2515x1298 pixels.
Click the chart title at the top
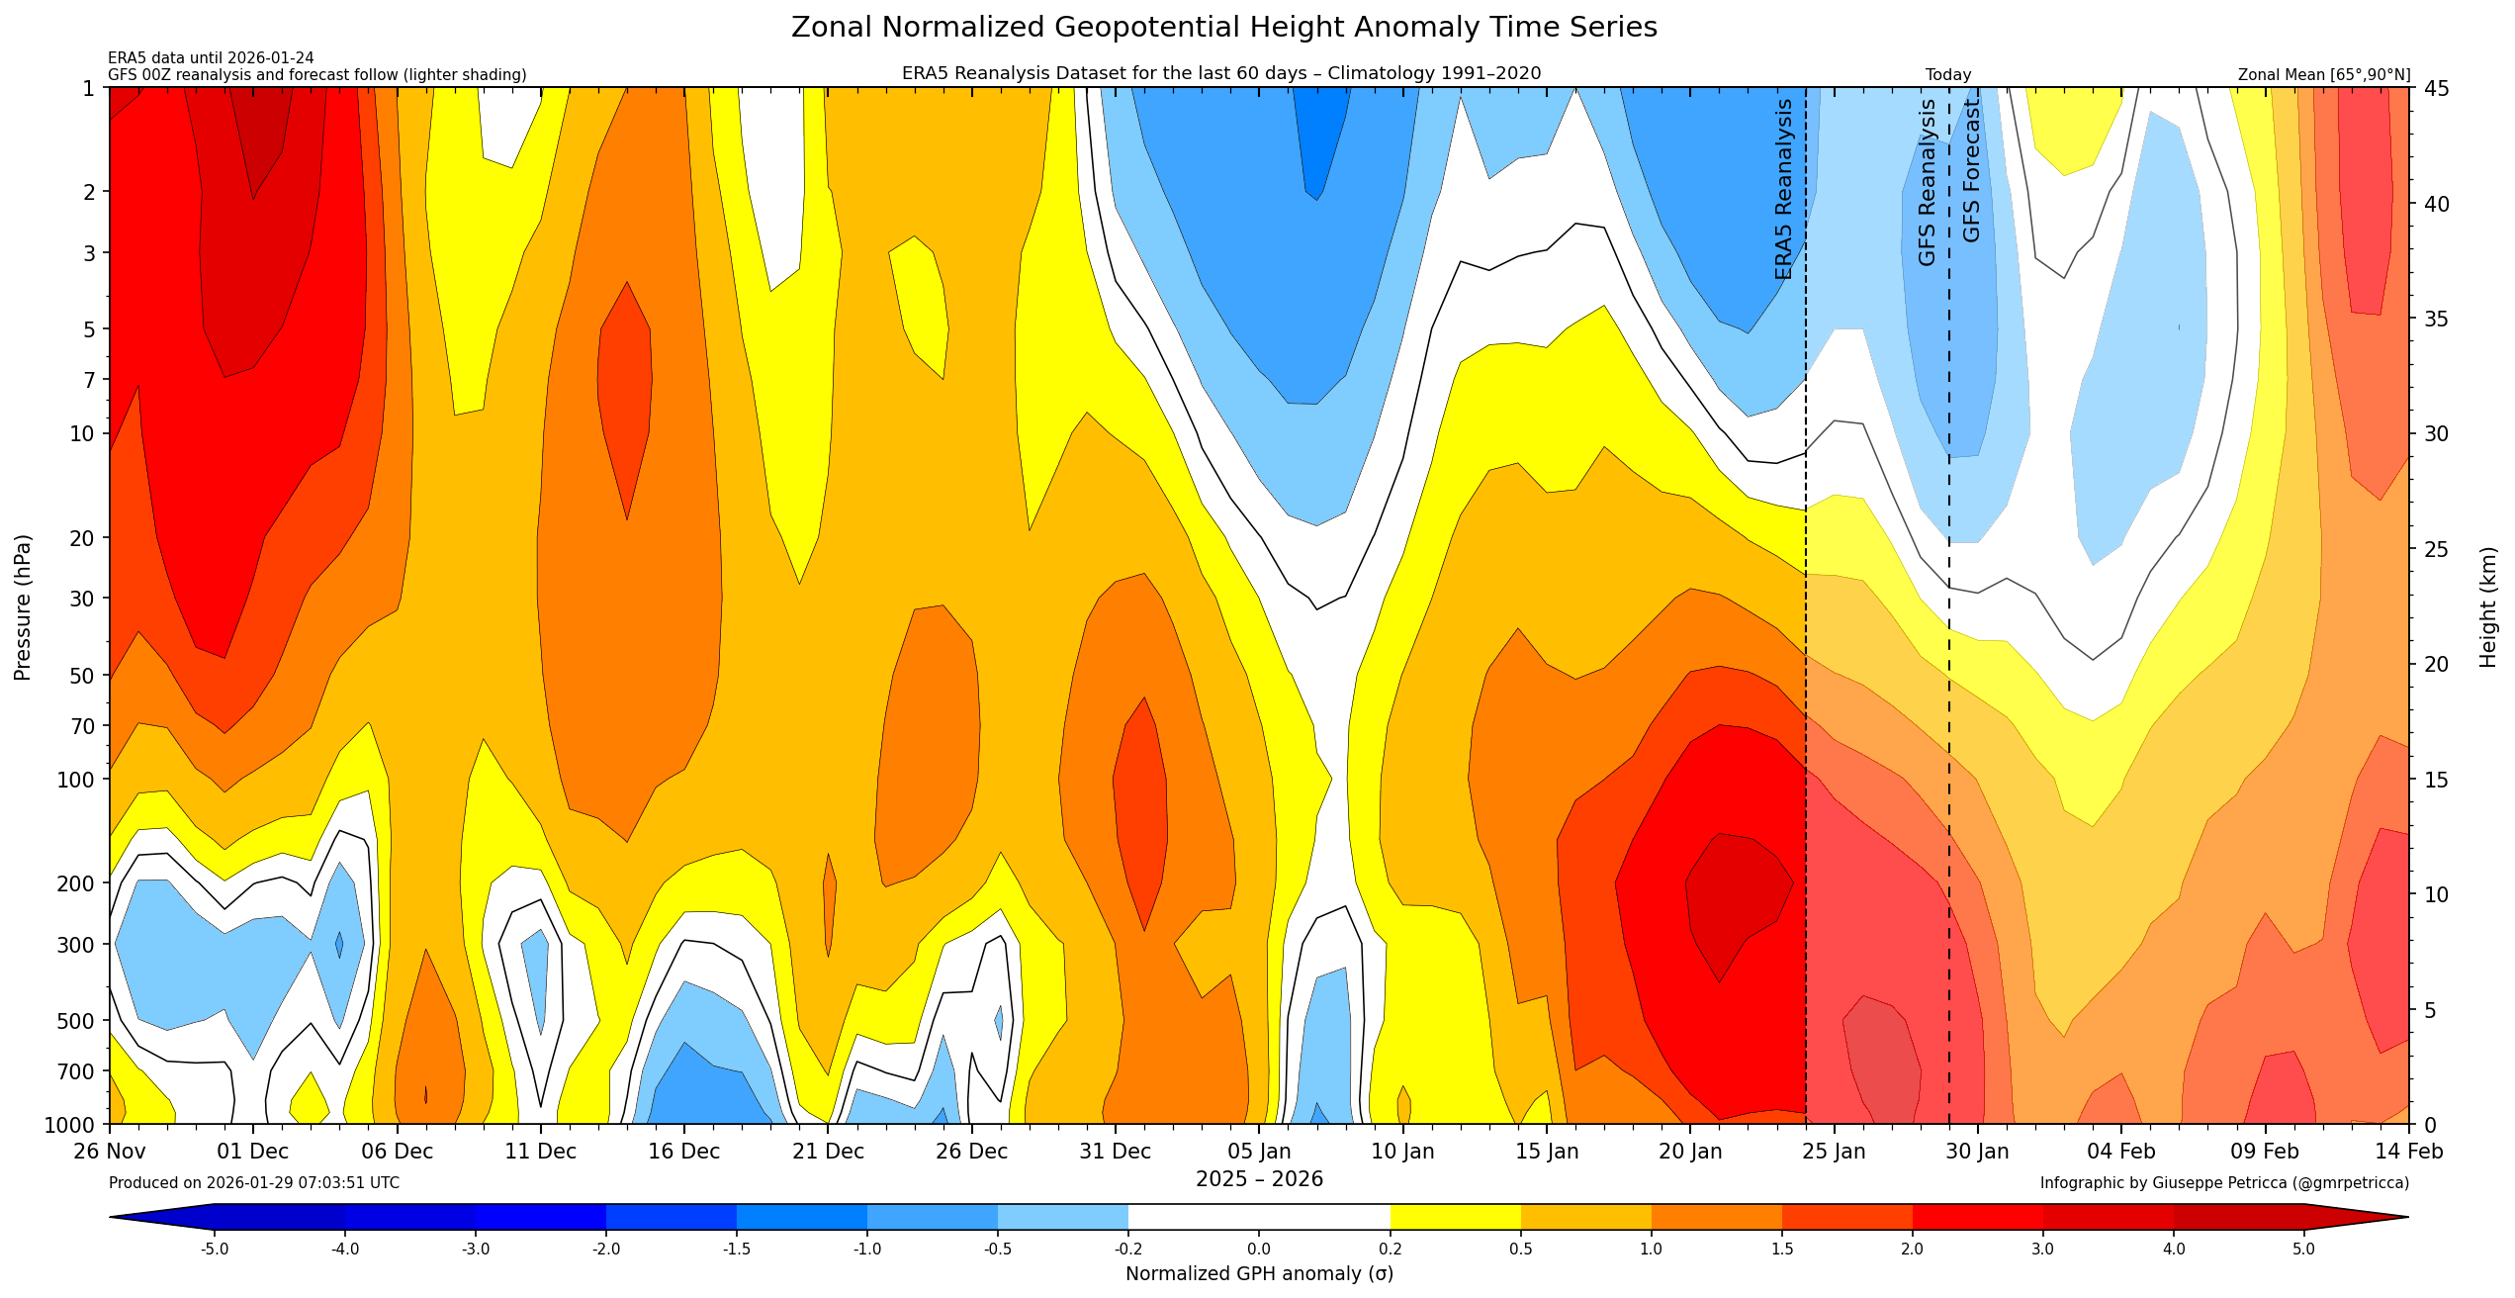pos(1223,28)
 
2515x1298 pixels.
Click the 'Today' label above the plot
pos(1947,75)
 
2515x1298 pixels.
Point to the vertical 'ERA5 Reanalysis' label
pos(1783,189)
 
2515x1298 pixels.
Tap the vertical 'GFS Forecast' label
pos(1971,171)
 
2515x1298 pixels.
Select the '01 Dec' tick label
pos(253,1152)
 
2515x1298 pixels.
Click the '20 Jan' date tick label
pos(1689,1152)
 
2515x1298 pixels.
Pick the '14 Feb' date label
pos(2407,1152)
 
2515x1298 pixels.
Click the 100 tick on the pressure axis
pos(76,780)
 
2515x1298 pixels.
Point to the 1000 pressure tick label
pos(70,1125)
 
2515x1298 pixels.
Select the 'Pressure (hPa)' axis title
pos(23,607)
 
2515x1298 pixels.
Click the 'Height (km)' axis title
pos(2488,607)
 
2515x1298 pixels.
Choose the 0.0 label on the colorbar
pos(1259,1250)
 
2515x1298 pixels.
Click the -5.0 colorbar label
pos(215,1250)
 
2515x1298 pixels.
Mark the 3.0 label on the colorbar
pos(2042,1250)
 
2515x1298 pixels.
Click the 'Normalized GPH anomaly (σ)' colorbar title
pos(1259,1274)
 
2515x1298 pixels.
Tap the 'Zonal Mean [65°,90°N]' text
pos(2323,75)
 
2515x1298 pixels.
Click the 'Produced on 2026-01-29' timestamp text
pos(254,1183)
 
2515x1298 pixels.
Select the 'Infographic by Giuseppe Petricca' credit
pos(2223,1183)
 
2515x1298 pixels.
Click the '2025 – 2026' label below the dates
pos(1259,1179)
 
